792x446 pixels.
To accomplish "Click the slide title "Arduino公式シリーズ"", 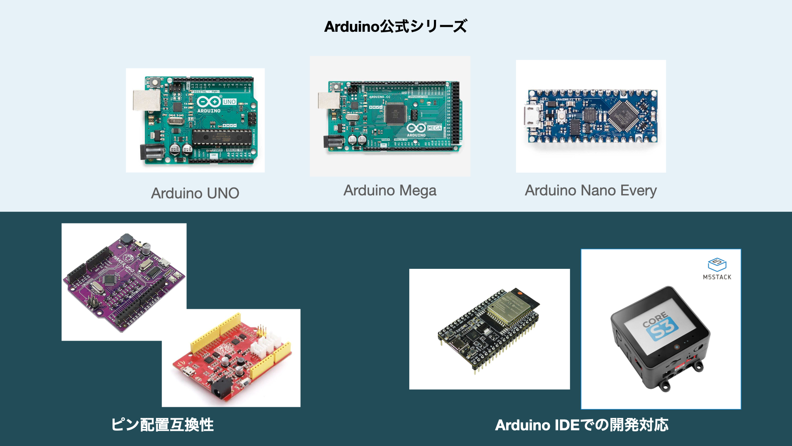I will coord(395,26).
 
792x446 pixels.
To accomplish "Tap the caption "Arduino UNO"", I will coord(195,193).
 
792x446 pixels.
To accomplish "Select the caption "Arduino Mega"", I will coord(390,190).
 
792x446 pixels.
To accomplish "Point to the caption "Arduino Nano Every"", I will coord(591,190).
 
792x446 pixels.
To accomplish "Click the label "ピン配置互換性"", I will coord(163,425).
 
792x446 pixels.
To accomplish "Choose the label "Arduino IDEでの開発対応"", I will coord(582,425).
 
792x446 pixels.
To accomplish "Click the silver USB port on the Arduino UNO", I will coord(146,100).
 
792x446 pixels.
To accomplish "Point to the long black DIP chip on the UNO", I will coord(222,138).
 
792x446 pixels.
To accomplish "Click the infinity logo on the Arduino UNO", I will coord(209,102).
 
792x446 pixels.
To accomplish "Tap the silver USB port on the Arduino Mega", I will coord(329,100).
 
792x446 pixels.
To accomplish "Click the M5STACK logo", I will coord(717,268).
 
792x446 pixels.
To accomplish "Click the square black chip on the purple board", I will coord(110,280).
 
